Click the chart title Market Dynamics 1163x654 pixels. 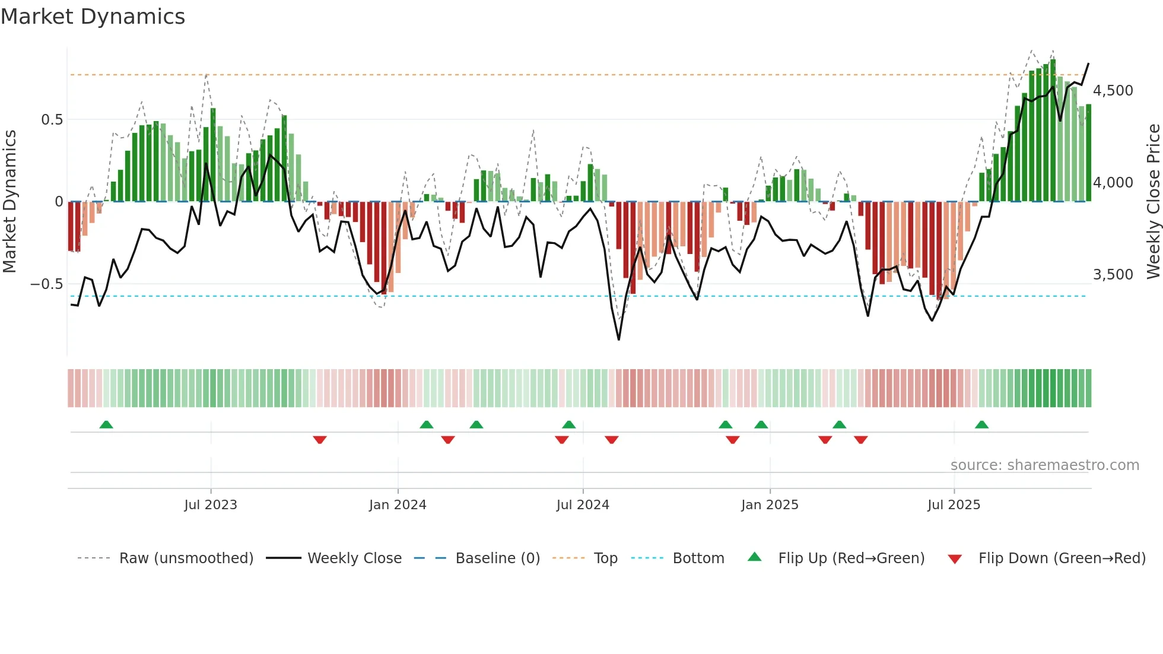point(93,17)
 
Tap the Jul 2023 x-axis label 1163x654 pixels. point(211,505)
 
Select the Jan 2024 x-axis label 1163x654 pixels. point(398,505)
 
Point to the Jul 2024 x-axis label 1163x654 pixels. point(583,505)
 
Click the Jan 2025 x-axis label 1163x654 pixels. point(770,505)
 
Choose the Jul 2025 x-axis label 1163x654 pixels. point(954,505)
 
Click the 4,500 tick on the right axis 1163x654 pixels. point(1113,91)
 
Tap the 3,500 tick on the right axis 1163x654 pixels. point(1113,275)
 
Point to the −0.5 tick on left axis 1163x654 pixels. point(46,284)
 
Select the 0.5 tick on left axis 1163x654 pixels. point(52,120)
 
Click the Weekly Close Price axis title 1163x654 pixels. point(1153,201)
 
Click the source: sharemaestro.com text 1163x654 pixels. point(1044,465)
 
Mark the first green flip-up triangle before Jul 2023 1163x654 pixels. point(106,424)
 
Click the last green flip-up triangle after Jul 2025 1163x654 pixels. point(981,424)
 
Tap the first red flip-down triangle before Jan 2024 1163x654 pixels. point(320,440)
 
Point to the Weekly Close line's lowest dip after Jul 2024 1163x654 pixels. point(619,339)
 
